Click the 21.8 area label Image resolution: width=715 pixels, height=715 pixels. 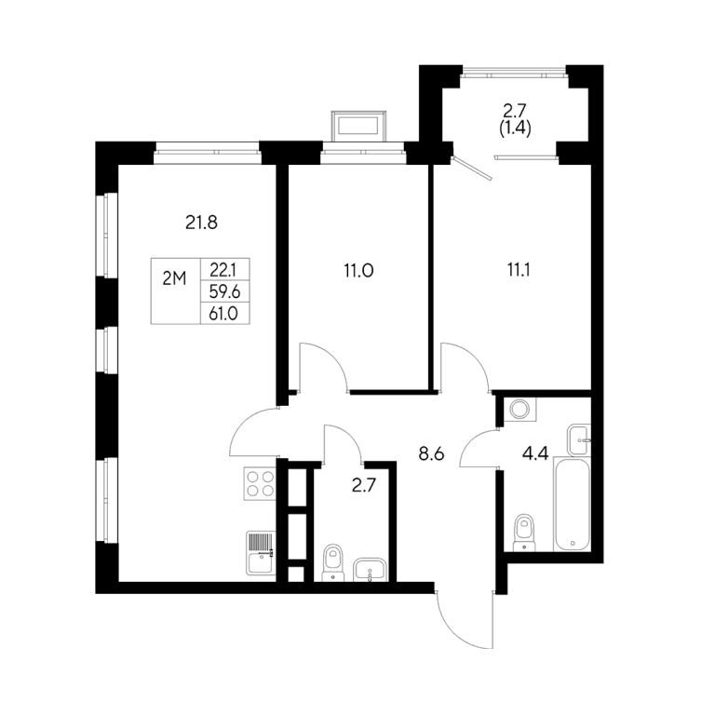[x=201, y=223]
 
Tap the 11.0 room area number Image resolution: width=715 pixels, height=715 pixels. [x=358, y=271]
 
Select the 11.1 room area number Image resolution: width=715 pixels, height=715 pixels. [x=519, y=270]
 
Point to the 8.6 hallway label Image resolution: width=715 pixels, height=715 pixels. [x=431, y=454]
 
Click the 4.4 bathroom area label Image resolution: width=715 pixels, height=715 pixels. [x=535, y=454]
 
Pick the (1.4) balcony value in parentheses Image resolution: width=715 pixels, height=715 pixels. [x=515, y=129]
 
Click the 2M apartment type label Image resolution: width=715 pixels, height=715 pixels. [x=175, y=278]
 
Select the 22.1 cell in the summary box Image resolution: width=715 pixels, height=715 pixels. [x=223, y=270]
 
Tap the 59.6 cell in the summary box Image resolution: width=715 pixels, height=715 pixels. [x=224, y=291]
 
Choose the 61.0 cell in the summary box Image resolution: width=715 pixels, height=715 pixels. [x=223, y=313]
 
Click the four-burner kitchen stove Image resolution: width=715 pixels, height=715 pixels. [x=260, y=483]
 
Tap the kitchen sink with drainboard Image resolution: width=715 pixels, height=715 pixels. [x=262, y=553]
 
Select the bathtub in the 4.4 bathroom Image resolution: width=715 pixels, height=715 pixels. [x=573, y=505]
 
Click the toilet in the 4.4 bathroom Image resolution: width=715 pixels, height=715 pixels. [x=524, y=533]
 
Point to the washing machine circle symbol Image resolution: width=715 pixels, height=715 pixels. [x=519, y=409]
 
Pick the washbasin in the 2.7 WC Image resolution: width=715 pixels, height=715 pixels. [x=370, y=570]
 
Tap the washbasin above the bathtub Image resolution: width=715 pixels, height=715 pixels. [x=579, y=439]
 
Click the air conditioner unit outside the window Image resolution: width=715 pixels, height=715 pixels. [x=358, y=125]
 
